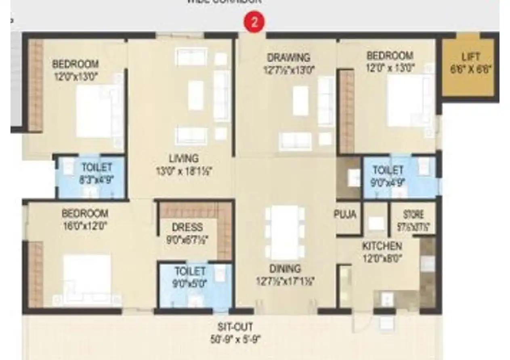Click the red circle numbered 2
click(254, 23)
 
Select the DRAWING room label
click(288, 57)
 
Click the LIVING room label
click(184, 158)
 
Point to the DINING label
click(285, 268)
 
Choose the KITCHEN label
click(382, 246)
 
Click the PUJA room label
click(346, 214)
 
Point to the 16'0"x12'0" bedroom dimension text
click(84, 226)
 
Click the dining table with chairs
click(285, 232)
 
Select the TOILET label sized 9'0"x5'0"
click(190, 271)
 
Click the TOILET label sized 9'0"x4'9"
click(388, 170)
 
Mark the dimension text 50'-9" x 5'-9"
click(235, 339)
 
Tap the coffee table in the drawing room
click(300, 101)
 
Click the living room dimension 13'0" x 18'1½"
click(184, 172)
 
